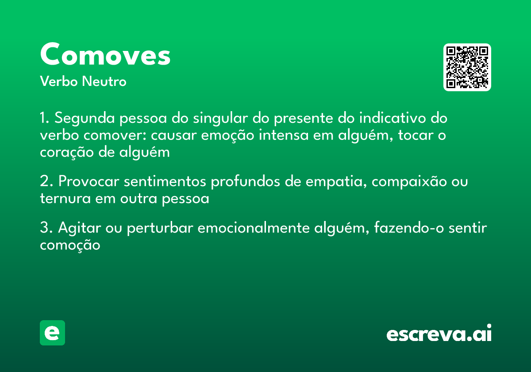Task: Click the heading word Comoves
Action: coord(105,55)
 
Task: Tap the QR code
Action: coord(467,67)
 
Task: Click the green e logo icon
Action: coord(52,333)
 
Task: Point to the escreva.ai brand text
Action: coord(439,334)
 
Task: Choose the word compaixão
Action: coord(410,182)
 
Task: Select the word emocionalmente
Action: coord(254,228)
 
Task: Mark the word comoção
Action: coord(70,245)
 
